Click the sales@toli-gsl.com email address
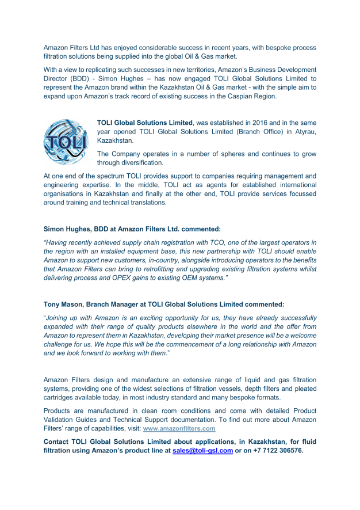click(202, 451)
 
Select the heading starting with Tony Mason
click(163, 304)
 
